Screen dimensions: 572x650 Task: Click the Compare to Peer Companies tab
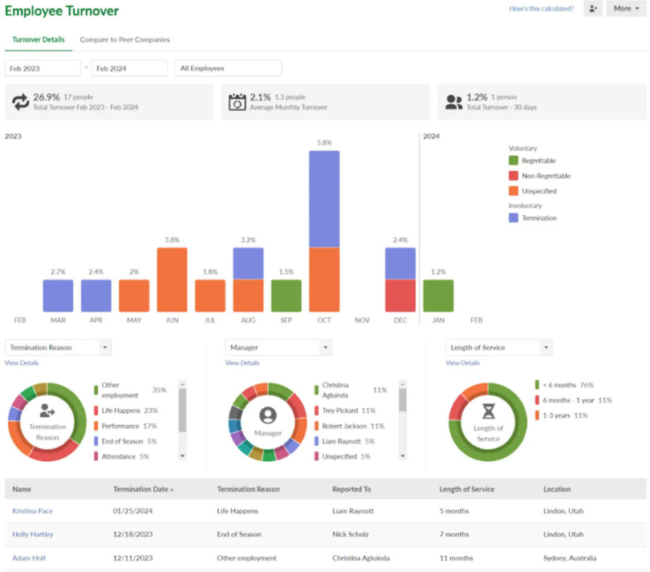click(x=124, y=39)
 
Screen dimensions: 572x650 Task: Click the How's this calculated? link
click(x=541, y=9)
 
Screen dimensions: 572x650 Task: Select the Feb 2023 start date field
click(x=43, y=68)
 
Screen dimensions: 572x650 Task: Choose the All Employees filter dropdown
click(x=228, y=68)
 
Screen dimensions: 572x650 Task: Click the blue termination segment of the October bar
click(x=324, y=198)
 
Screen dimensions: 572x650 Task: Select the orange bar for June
click(x=172, y=280)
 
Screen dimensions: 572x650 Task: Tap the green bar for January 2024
click(x=438, y=296)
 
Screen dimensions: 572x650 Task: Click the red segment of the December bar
click(x=400, y=296)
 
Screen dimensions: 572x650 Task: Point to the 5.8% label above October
click(x=324, y=143)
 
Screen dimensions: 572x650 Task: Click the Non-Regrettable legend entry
click(x=545, y=176)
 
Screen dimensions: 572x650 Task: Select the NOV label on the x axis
click(x=362, y=321)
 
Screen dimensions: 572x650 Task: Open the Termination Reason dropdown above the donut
click(x=58, y=348)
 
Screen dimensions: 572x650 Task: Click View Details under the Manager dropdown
click(x=242, y=363)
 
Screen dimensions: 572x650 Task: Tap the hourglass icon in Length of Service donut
click(x=488, y=411)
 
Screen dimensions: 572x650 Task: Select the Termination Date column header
click(x=144, y=488)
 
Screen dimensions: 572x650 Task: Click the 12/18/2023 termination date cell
click(x=132, y=534)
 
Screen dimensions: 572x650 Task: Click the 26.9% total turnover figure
click(x=47, y=96)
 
